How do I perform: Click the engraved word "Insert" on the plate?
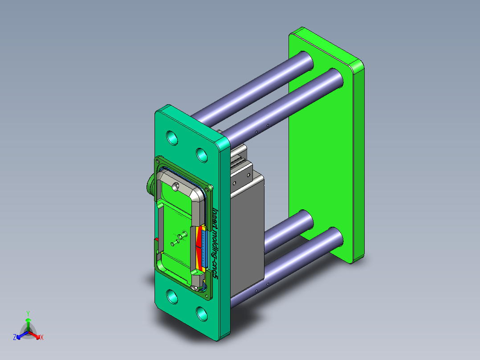pyautogui.click(x=215, y=219)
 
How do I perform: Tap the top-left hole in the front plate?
pyautogui.click(x=172, y=138)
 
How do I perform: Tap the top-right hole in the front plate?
pyautogui.click(x=202, y=155)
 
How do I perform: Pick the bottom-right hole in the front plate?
pyautogui.click(x=202, y=314)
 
